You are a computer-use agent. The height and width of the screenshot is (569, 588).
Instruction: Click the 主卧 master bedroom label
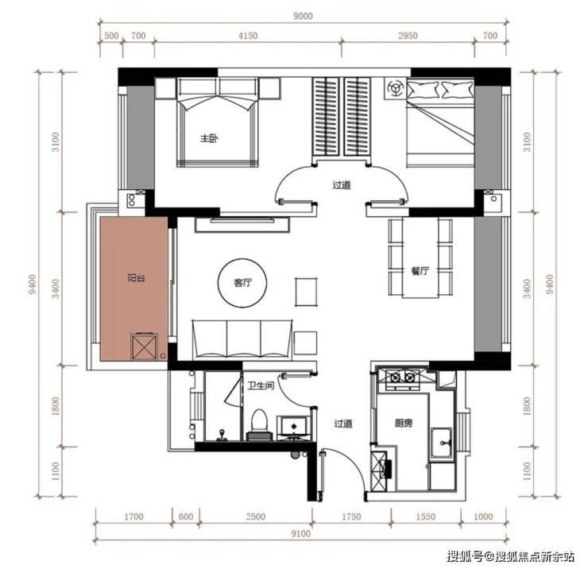209,138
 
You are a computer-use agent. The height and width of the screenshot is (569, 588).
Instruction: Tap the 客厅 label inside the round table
242,282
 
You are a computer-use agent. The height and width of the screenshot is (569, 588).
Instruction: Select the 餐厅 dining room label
420,271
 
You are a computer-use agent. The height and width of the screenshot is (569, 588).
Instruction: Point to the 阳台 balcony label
136,278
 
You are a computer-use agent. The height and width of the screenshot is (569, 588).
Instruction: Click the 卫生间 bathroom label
261,385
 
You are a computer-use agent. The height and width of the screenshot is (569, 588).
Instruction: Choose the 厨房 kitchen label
404,424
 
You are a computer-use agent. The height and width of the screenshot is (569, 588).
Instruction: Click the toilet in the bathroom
259,424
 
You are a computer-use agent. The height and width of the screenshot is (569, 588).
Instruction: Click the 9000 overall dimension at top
303,16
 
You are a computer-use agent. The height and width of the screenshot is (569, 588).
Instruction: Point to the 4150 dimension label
248,36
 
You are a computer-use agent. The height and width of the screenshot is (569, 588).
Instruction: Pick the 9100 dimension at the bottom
300,534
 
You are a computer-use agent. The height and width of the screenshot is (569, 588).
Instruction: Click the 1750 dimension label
351,517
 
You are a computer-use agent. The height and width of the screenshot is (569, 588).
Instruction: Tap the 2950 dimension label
408,36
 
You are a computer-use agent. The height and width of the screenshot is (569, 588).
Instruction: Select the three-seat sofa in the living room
242,340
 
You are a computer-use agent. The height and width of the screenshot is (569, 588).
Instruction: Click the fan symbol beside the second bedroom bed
394,88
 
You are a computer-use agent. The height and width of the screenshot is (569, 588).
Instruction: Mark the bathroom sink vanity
294,427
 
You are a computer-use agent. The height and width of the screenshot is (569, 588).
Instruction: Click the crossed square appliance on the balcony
144,347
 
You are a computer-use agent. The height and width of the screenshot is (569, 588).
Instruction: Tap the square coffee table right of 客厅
306,292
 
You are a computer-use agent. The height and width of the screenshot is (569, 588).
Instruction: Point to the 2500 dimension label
256,517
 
